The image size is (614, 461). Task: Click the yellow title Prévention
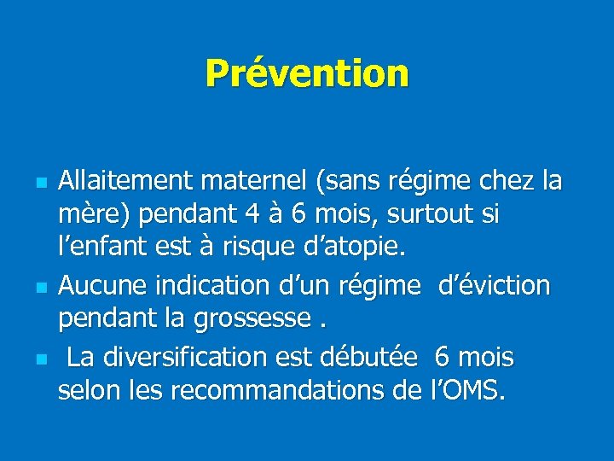point(307,73)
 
